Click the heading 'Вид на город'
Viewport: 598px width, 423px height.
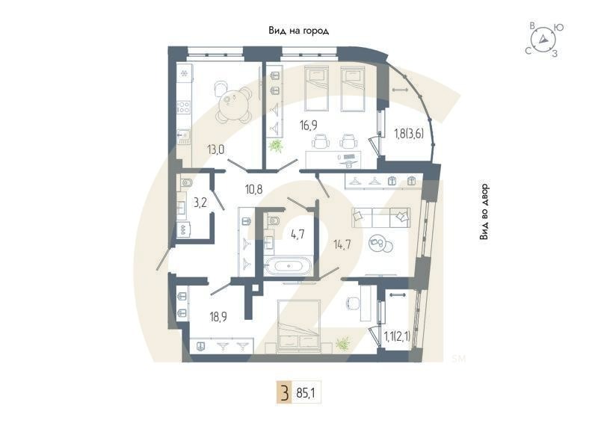tap(299, 31)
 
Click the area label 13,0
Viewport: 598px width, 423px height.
tap(217, 149)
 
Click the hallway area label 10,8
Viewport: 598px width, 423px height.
tap(254, 189)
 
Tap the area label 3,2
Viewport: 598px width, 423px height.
tap(200, 202)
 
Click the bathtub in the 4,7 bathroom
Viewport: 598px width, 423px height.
tap(289, 265)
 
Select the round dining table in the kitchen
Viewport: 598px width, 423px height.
tap(234, 105)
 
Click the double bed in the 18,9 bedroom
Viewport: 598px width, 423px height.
tap(299, 325)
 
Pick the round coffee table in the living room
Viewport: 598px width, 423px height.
tap(379, 243)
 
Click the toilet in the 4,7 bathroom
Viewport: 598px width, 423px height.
tap(272, 220)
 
